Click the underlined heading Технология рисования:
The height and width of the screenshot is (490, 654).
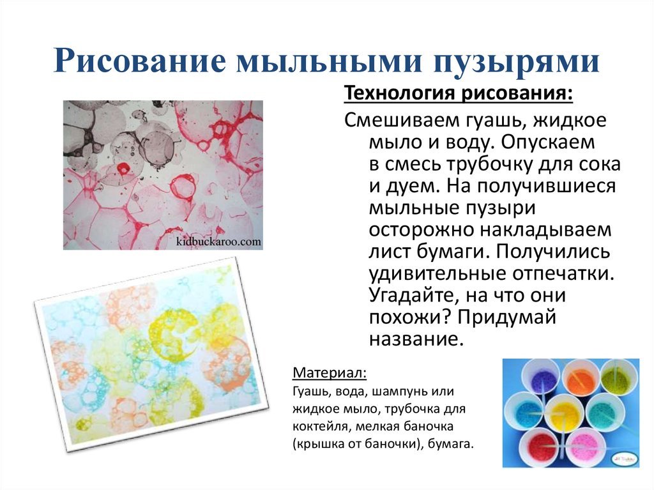coord(459,93)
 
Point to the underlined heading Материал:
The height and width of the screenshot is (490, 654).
coord(330,372)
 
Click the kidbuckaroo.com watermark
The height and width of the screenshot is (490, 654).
coord(218,241)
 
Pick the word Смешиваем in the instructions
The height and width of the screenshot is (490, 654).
coord(399,120)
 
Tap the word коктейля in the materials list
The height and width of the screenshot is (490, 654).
coord(316,427)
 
